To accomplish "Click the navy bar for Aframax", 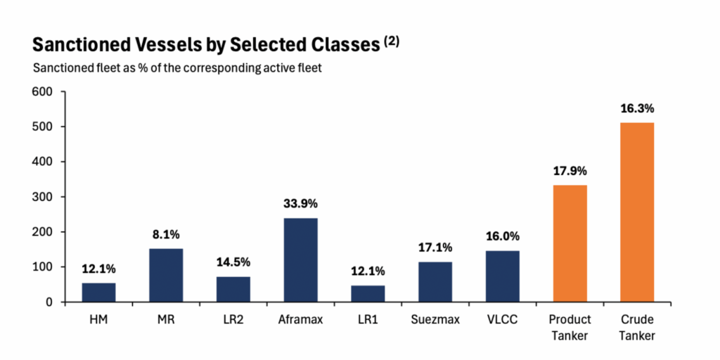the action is tap(301, 260).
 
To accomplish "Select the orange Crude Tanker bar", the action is tap(637, 212).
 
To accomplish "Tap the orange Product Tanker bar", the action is tap(570, 243).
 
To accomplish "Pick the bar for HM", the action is tap(98, 292).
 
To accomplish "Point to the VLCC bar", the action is tap(503, 276).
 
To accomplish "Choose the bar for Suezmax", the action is tap(435, 282).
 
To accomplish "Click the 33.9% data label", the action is tap(301, 203).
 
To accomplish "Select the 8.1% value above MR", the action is tap(166, 235).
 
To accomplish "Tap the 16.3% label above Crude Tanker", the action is tap(637, 109).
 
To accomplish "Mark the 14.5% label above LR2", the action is tap(233, 262).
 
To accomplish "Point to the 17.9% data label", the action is tap(570, 172).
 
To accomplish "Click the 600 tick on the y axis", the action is tap(46, 92).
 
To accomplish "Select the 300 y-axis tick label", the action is tap(46, 197).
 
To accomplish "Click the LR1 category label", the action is tap(368, 320).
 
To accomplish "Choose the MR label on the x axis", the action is tap(166, 320).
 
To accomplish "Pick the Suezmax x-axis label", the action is tap(435, 320).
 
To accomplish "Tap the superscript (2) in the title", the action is tap(392, 41).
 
